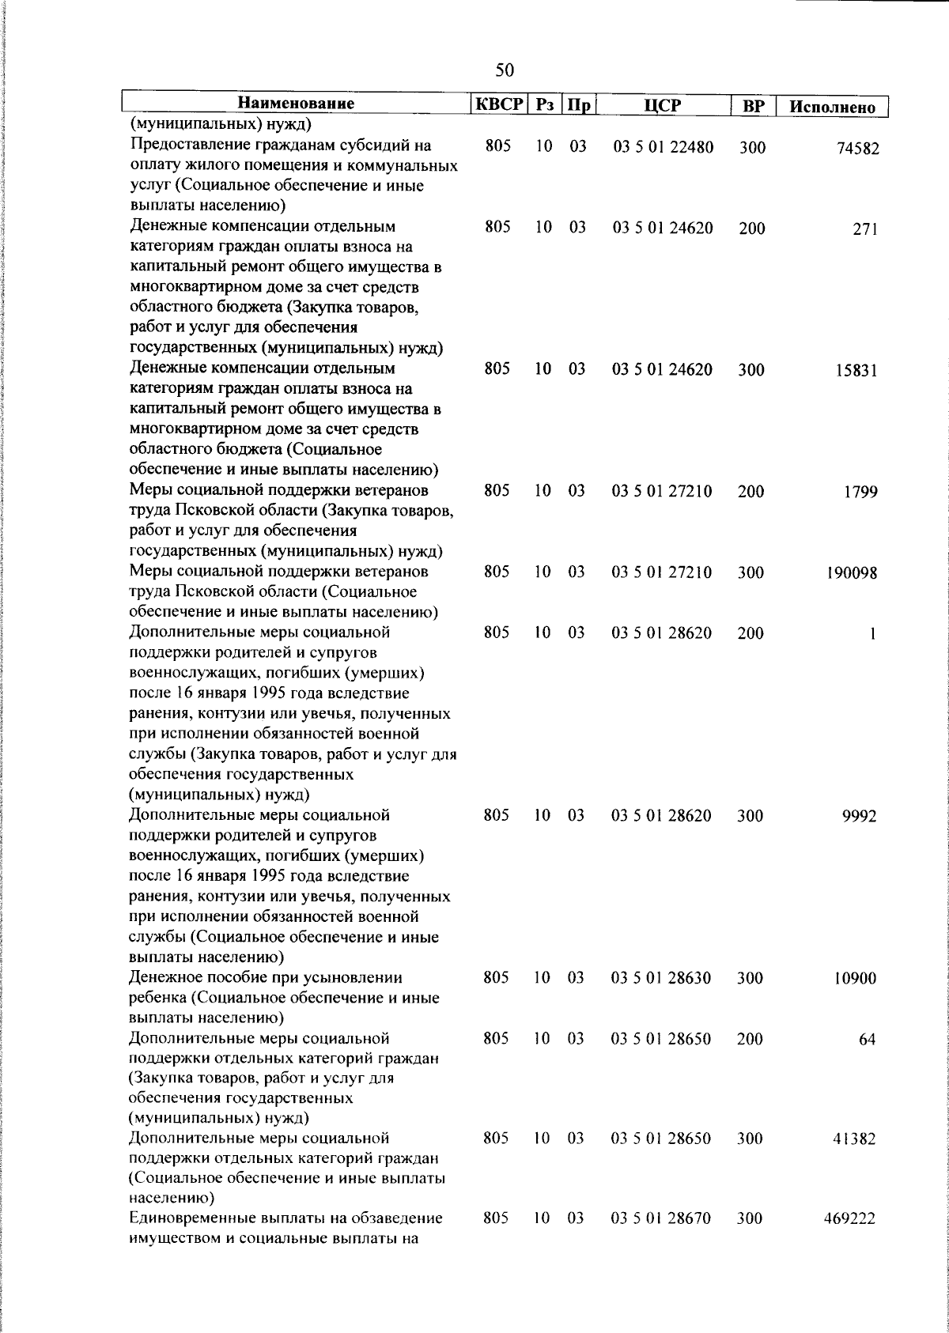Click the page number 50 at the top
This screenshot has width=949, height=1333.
click(x=504, y=70)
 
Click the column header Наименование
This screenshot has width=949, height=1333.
click(x=296, y=104)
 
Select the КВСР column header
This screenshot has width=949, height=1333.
click(x=497, y=104)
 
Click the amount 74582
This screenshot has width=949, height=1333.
click(x=857, y=149)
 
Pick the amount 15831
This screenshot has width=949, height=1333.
click(x=857, y=371)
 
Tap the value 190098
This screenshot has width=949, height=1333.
click(x=853, y=573)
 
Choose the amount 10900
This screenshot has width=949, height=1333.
click(x=855, y=979)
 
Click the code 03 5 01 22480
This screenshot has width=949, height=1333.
click(x=663, y=147)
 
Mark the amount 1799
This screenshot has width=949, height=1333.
click(x=860, y=493)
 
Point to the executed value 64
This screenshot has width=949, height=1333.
click(x=868, y=1040)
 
